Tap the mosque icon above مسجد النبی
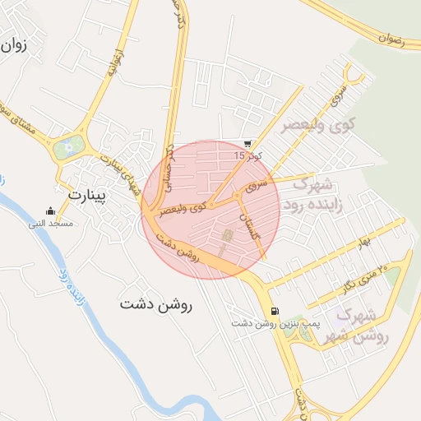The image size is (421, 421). (51, 210)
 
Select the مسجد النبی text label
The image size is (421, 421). (51, 223)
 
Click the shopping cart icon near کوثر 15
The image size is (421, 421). (248, 144)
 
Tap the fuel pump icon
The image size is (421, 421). (273, 312)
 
